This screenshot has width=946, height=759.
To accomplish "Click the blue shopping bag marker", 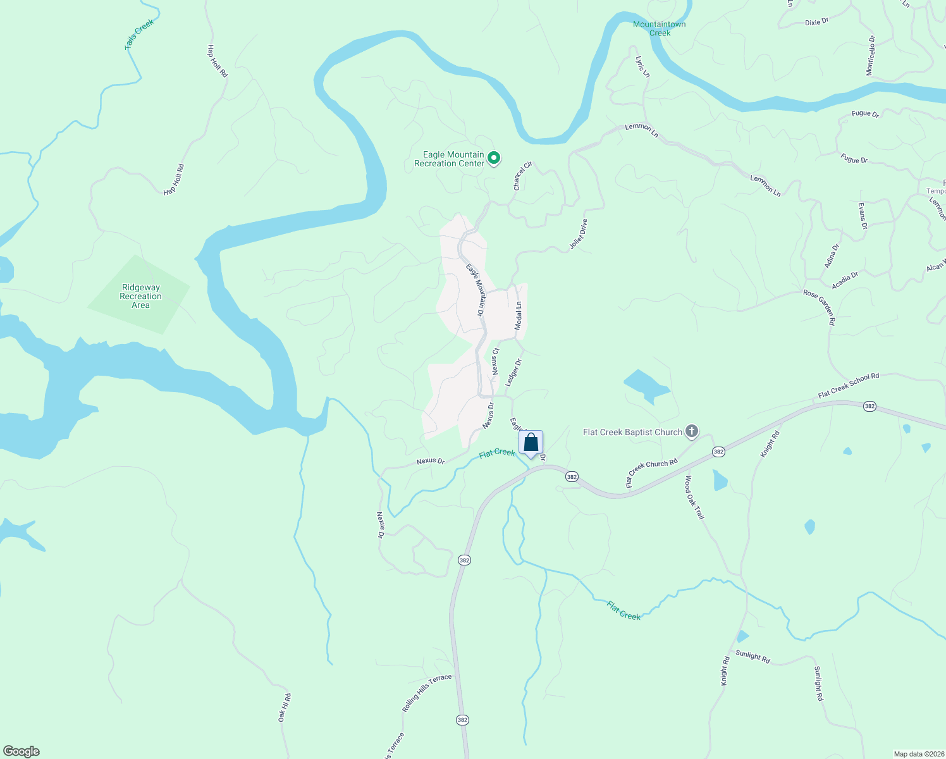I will (x=531, y=443).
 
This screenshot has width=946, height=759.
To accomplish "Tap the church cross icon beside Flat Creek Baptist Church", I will (x=692, y=432).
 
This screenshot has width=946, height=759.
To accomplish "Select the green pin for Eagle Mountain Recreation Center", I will (x=494, y=158).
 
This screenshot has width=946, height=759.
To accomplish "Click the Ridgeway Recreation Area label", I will (x=140, y=296).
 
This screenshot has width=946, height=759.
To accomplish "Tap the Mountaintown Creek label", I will (x=660, y=28).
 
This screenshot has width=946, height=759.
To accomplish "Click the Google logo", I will (x=21, y=751).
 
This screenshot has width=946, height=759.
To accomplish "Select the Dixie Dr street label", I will (x=816, y=22).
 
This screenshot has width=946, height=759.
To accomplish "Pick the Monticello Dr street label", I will (x=871, y=56).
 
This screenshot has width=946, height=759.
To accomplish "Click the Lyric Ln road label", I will (x=642, y=66).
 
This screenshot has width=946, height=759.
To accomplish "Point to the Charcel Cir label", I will (x=522, y=176).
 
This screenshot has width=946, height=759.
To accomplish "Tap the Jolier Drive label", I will (x=578, y=234).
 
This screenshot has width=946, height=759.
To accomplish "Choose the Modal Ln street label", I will (x=519, y=315).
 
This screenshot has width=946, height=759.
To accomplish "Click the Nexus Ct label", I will (x=496, y=360).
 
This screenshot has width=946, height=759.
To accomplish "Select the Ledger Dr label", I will (x=513, y=373).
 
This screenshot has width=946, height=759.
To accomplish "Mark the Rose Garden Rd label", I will (x=820, y=307).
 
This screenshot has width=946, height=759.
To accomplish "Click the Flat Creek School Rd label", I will (x=849, y=385).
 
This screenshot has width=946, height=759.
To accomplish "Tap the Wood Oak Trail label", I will (x=694, y=497).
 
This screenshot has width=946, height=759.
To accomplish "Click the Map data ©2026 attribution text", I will (x=918, y=754).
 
